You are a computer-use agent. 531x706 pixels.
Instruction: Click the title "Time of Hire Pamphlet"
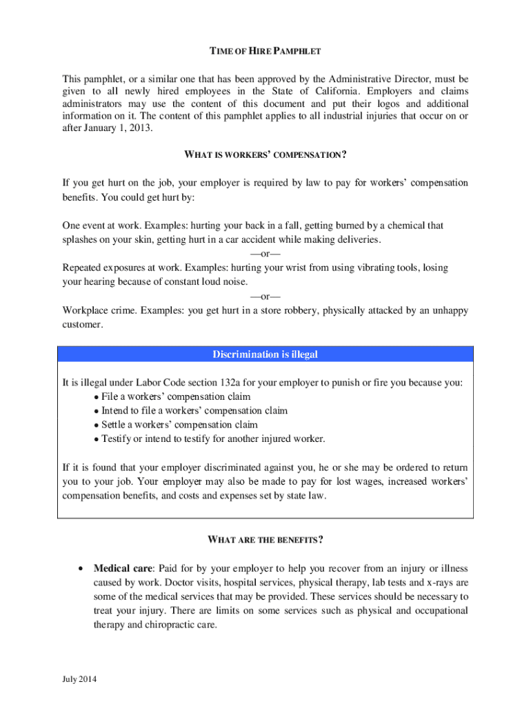[x=265, y=52]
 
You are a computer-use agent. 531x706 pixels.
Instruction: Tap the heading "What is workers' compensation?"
[x=265, y=155]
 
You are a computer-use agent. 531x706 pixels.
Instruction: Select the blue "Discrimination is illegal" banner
[x=265, y=355]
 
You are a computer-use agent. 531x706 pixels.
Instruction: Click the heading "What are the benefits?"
[x=265, y=540]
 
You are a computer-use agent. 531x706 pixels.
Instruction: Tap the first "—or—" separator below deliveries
[x=265, y=254]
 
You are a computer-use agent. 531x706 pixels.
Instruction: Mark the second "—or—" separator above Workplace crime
[x=265, y=296]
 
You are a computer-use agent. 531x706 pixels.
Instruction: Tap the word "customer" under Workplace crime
[x=82, y=325]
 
